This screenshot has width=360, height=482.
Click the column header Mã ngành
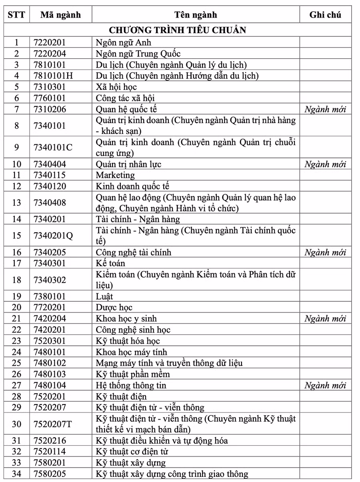pyautogui.click(x=60, y=15)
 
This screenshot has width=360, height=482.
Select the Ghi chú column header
pyautogui.click(x=325, y=15)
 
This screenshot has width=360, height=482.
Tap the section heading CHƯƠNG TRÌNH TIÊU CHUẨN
pyautogui.click(x=178, y=30)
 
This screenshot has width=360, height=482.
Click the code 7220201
pyautogui.click(x=50, y=42)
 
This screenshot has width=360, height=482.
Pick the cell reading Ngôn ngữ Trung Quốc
pyautogui.click(x=138, y=54)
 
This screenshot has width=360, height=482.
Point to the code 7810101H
pyautogui.click(x=53, y=76)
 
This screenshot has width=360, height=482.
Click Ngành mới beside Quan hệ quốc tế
pyautogui.click(x=325, y=109)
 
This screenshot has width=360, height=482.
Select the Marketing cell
pyautogui.click(x=115, y=175)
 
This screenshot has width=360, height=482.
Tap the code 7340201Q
pyautogui.click(x=53, y=235)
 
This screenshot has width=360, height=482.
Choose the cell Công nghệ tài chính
pyautogui.click(x=133, y=252)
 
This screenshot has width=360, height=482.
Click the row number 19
pyautogui.click(x=16, y=297)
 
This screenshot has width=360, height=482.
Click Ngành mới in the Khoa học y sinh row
pyautogui.click(x=325, y=319)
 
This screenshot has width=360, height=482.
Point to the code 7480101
pyautogui.click(x=50, y=352)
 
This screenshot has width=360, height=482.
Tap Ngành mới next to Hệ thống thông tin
pyautogui.click(x=325, y=385)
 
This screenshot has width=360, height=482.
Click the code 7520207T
pyautogui.click(x=53, y=424)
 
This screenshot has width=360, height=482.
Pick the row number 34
pyautogui.click(x=16, y=474)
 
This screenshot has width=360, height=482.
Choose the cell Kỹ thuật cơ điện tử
pyautogui.click(x=132, y=452)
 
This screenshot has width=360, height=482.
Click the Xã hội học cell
pyautogui.click(x=116, y=87)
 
